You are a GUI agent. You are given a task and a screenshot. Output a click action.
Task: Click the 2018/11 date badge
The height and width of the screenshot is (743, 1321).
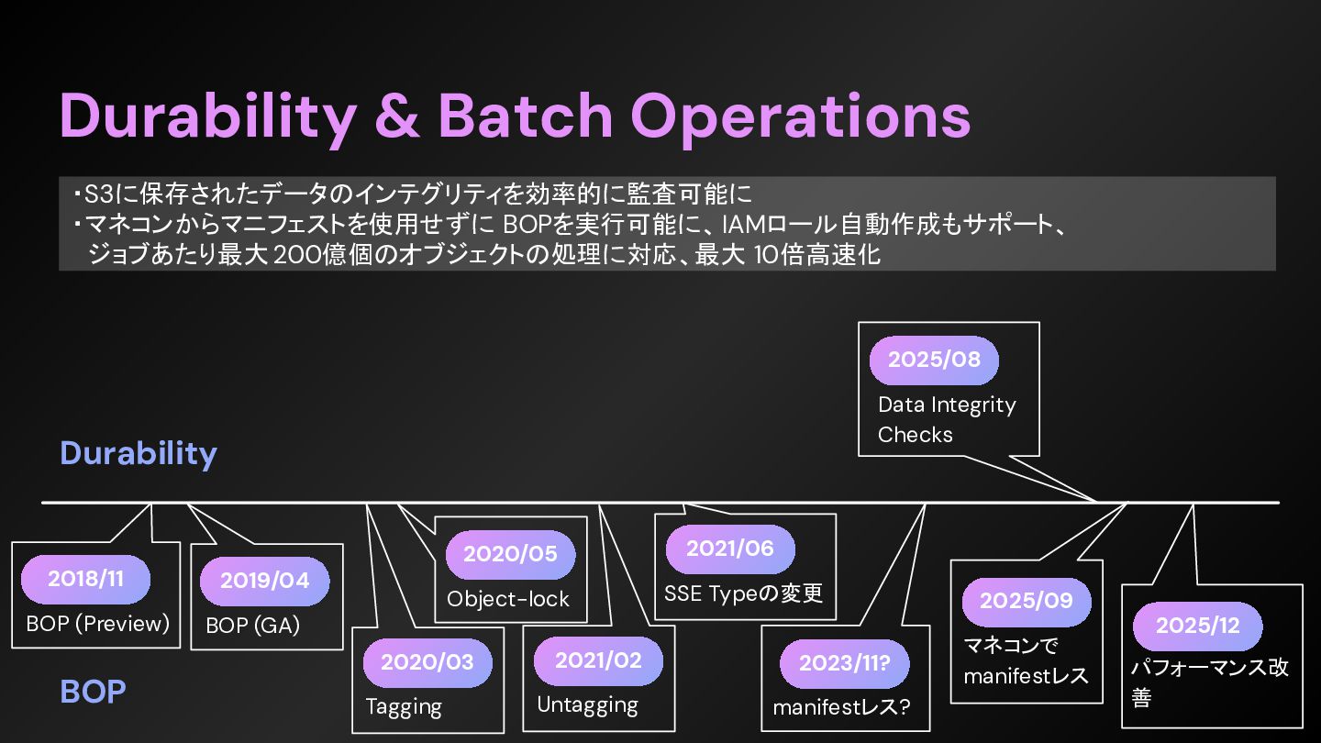pos(85,579)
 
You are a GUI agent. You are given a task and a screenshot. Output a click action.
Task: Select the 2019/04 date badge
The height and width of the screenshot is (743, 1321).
pos(264,581)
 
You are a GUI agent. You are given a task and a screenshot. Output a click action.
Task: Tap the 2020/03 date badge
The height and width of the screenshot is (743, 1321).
pos(427,662)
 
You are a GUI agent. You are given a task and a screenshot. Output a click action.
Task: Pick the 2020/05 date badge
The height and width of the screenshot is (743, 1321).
pos(510,554)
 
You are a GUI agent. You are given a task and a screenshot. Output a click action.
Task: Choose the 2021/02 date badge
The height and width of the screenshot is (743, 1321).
pos(598,661)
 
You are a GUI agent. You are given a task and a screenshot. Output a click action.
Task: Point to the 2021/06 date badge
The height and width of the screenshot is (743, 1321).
pos(729,549)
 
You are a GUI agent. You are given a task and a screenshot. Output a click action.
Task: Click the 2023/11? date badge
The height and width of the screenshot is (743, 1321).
pos(844,663)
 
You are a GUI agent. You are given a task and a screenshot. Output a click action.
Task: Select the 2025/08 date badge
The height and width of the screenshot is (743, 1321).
pos(934,360)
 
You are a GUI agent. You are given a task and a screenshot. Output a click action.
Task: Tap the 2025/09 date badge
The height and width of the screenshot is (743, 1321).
pos(1026,601)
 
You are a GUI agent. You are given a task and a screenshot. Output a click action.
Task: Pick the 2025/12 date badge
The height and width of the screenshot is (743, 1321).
pos(1197,626)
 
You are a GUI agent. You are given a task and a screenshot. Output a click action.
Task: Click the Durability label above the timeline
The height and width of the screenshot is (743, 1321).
pos(139,453)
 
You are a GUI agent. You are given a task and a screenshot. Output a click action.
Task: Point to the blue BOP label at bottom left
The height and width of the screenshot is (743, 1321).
pos(93,692)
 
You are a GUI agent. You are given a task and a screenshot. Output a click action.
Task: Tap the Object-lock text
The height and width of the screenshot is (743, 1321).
pos(508,599)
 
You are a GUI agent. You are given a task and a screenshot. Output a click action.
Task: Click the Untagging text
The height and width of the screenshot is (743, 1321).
pos(587,705)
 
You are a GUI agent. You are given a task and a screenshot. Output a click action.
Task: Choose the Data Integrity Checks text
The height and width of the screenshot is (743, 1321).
pos(946,419)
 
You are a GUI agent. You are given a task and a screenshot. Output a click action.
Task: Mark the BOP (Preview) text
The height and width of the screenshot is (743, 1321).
pos(98,624)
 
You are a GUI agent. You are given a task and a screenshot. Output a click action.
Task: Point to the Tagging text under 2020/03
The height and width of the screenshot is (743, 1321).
pos(404,707)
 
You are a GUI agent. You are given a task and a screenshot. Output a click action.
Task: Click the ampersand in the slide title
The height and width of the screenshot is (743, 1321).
pos(397,116)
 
